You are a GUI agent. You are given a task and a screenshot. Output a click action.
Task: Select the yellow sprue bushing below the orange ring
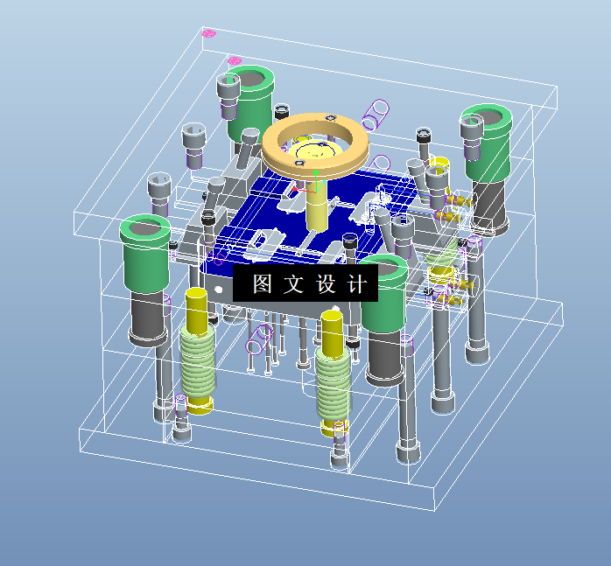coord(316,211)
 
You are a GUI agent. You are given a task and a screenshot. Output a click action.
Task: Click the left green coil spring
coord(199,363)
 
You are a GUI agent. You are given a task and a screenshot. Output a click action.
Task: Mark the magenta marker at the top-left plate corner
coord(208,33)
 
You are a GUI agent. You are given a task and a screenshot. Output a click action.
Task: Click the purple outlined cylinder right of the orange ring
coord(377,112)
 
